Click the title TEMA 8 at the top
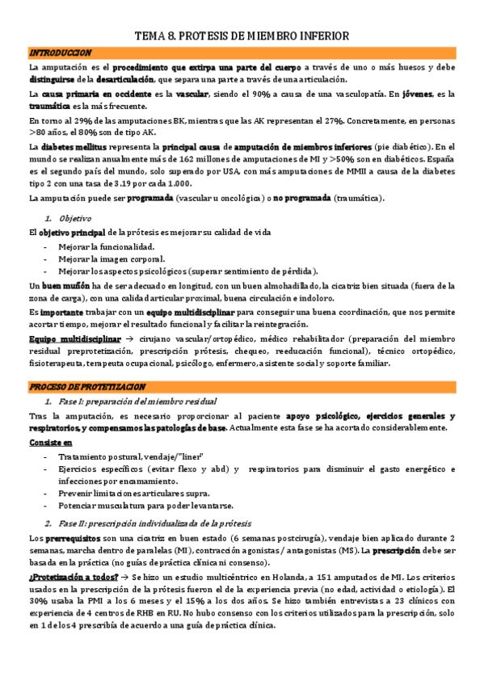click(x=242, y=36)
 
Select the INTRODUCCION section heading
click(x=60, y=53)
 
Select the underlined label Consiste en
click(x=50, y=443)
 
